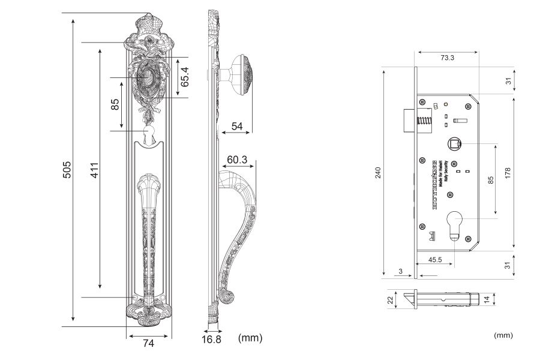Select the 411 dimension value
[94, 170]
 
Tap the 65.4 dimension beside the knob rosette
[185, 77]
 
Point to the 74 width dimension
[148, 343]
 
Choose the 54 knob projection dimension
[237, 127]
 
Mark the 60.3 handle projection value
[237, 160]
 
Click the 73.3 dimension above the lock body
[447, 58]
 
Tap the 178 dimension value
[508, 172]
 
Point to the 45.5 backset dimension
[436, 260]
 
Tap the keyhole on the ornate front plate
[149, 133]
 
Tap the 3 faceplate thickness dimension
[400, 271]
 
